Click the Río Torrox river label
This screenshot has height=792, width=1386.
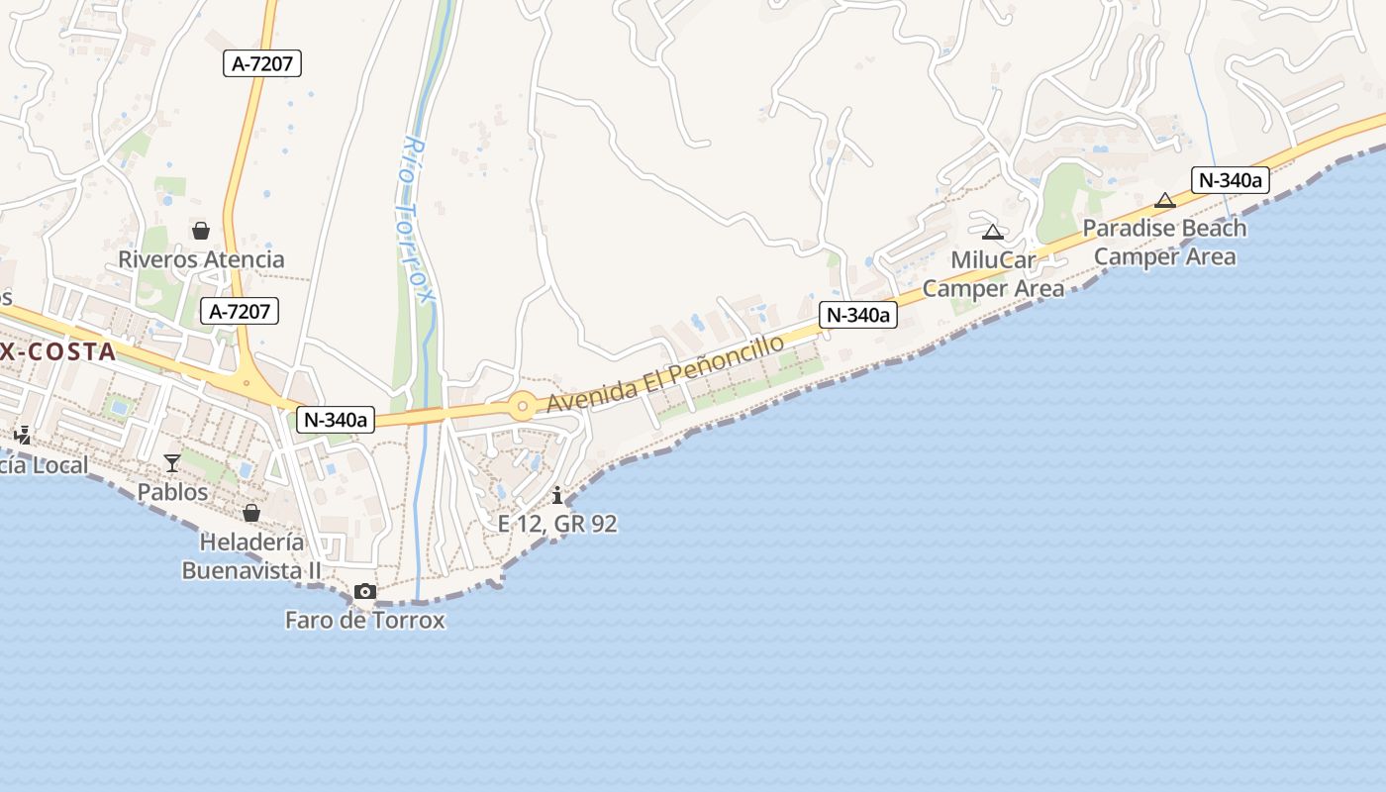click(419, 219)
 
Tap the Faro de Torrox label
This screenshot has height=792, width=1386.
click(364, 621)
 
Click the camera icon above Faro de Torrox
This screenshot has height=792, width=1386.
click(365, 591)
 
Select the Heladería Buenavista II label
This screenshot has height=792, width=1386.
click(251, 556)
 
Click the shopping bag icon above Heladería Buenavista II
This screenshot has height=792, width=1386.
click(251, 513)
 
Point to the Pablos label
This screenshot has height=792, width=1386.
click(173, 492)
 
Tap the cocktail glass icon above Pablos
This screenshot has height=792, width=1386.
click(172, 462)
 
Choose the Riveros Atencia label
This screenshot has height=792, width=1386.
click(201, 259)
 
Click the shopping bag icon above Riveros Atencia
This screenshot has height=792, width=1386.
click(201, 231)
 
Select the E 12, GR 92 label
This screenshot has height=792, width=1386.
click(557, 524)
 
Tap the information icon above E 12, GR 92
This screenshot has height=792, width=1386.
click(557, 495)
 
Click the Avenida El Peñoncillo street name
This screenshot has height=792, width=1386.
click(665, 374)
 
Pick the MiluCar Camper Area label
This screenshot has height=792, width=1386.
click(993, 274)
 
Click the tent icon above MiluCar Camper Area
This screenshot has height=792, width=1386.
click(993, 233)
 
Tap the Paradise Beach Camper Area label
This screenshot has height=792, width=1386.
click(1165, 243)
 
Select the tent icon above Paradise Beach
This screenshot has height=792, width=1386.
click(1165, 201)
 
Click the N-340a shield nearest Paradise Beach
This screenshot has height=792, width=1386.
click(1231, 180)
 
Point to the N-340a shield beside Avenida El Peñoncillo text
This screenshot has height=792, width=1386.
click(858, 315)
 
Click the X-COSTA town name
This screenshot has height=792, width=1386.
click(58, 351)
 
